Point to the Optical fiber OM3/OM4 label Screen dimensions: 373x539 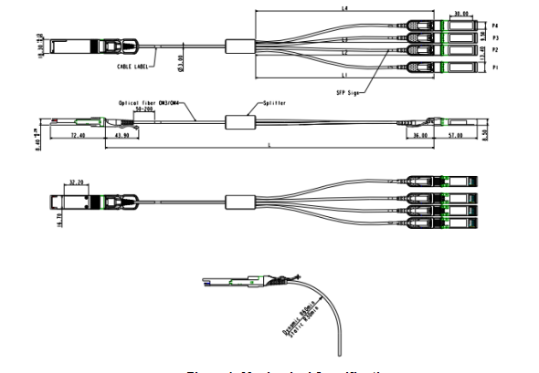(x=151, y=104)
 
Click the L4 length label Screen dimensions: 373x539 (x=344, y=8)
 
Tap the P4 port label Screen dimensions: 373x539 (x=495, y=25)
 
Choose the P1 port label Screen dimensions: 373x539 (x=495, y=67)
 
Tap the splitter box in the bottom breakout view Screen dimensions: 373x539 (x=240, y=201)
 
